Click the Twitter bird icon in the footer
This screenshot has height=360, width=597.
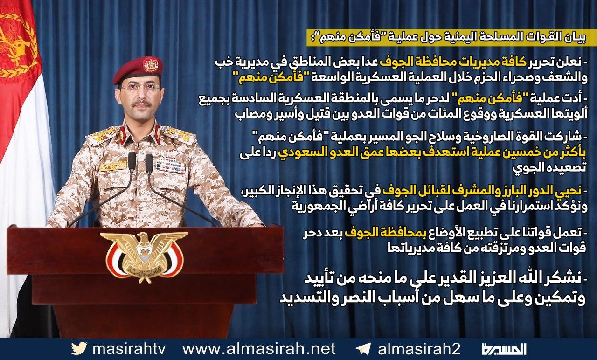tap(79, 348)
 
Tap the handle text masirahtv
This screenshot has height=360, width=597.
tap(129, 348)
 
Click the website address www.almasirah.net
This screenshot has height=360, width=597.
tap(259, 348)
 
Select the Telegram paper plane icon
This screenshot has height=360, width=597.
tap(362, 349)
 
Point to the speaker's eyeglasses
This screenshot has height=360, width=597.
tap(140, 88)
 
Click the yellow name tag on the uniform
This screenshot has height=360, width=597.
tap(113, 166)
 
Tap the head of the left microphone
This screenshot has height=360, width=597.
tap(132, 161)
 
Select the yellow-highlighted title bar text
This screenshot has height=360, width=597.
tap(447, 38)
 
